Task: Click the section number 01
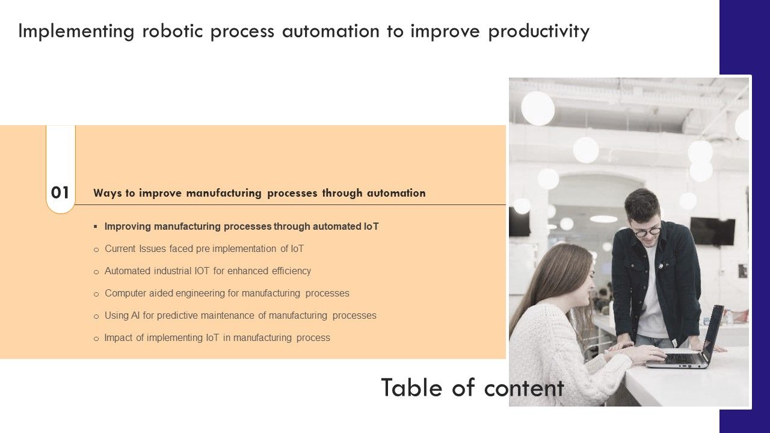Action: [x=60, y=193]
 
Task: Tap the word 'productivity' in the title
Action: [x=538, y=31]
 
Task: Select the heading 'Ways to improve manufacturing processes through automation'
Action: [x=259, y=193]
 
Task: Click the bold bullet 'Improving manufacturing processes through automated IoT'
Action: [x=241, y=227]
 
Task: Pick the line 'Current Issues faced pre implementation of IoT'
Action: [x=204, y=249]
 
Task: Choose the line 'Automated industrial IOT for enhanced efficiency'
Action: [x=208, y=271]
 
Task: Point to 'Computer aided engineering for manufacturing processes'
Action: [x=227, y=293]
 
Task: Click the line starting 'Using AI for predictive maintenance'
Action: [x=240, y=316]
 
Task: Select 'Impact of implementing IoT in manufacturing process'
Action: [x=217, y=338]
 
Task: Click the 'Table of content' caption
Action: [x=472, y=388]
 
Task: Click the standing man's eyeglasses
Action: [x=647, y=231]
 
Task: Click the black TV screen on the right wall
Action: [x=712, y=232]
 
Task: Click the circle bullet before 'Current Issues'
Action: [x=96, y=250]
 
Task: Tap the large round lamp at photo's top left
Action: [x=537, y=108]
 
